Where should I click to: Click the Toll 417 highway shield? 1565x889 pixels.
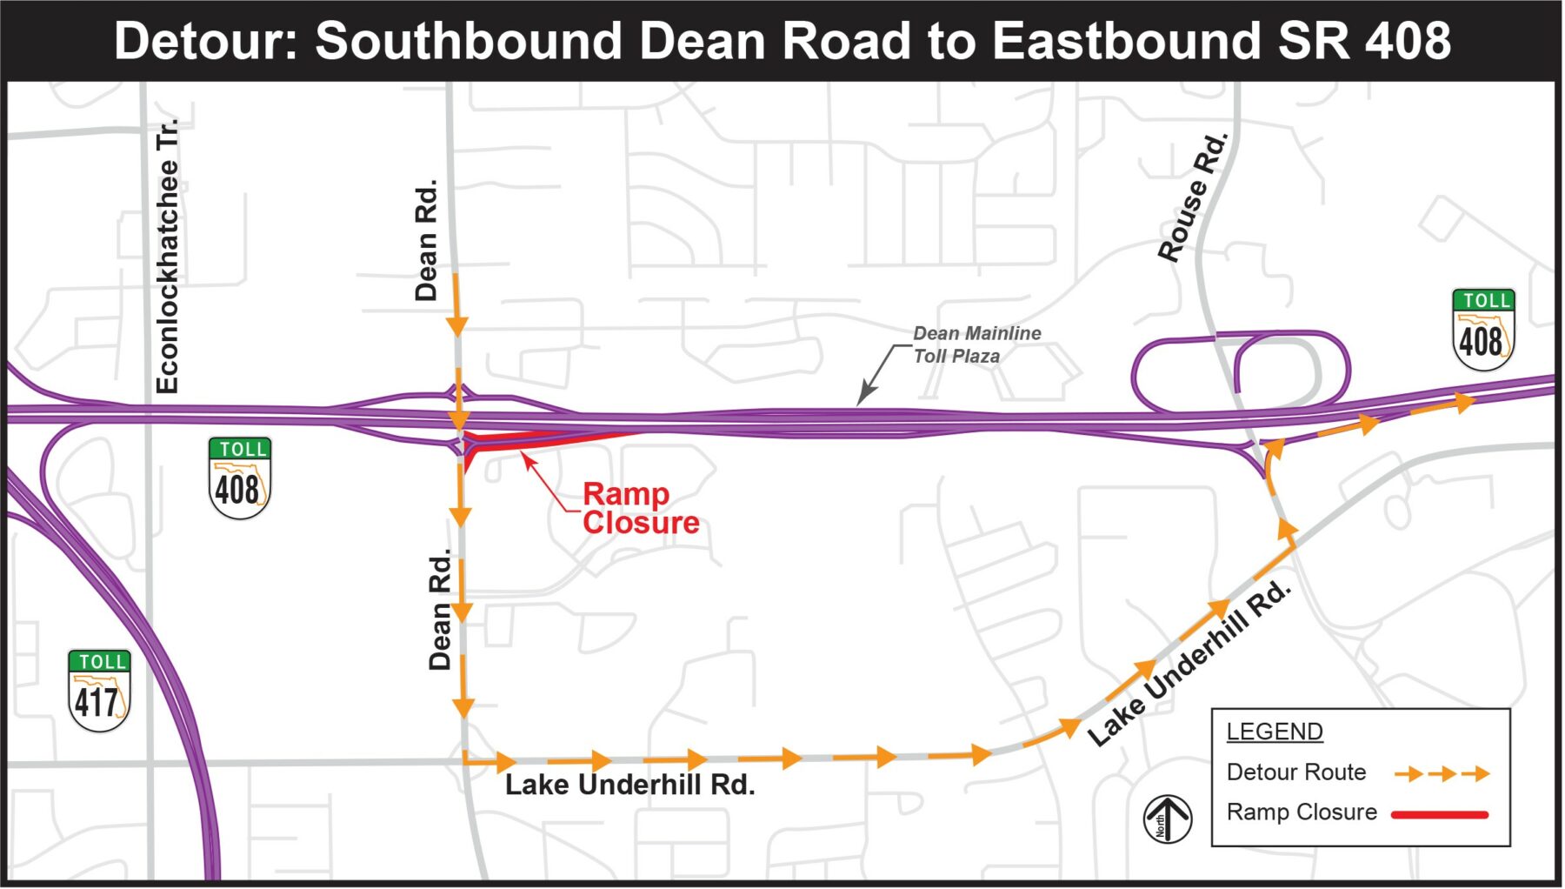pyautogui.click(x=98, y=691)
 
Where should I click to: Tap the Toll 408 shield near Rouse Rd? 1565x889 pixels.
pyautogui.click(x=1483, y=330)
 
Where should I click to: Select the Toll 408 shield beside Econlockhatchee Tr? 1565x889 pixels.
pyautogui.click(x=239, y=478)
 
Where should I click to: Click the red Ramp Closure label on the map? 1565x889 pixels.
pyautogui.click(x=640, y=508)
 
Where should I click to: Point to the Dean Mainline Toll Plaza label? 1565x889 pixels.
pyautogui.click(x=976, y=344)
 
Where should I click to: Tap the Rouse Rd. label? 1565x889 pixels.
pyautogui.click(x=1193, y=198)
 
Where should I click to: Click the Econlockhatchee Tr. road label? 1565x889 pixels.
pyautogui.click(x=167, y=256)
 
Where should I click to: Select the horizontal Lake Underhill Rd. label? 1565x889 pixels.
pyautogui.click(x=629, y=785)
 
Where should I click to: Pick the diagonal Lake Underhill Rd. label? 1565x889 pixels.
pyautogui.click(x=1189, y=663)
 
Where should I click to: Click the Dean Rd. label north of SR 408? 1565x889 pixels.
pyautogui.click(x=426, y=241)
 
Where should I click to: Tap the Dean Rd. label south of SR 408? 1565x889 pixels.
pyautogui.click(x=441, y=609)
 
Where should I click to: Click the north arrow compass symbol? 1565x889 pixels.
pyautogui.click(x=1167, y=819)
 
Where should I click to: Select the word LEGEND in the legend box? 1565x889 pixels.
pyautogui.click(x=1274, y=732)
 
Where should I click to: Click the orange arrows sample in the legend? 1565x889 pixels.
pyautogui.click(x=1442, y=773)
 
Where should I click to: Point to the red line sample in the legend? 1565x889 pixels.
pyautogui.click(x=1440, y=815)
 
